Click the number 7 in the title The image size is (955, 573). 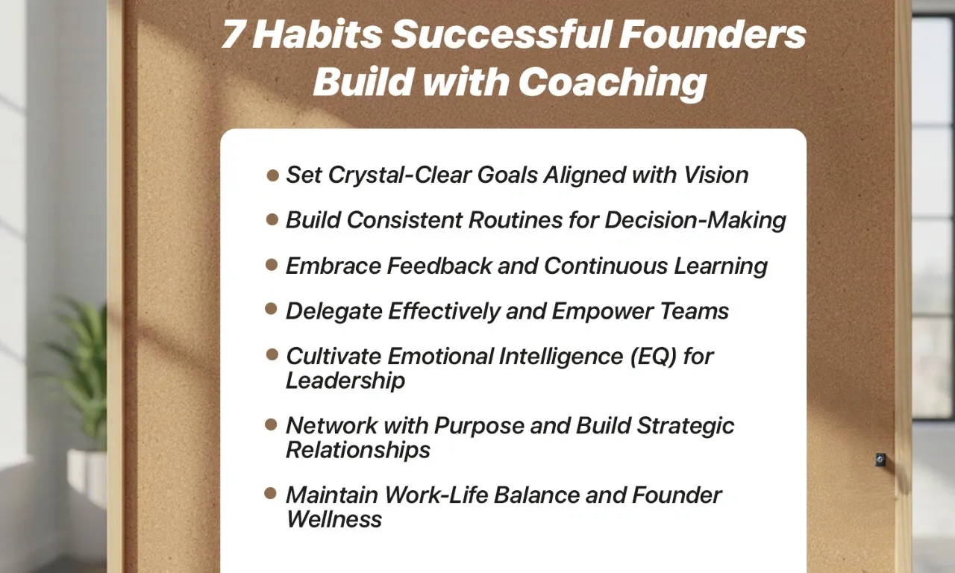(x=234, y=36)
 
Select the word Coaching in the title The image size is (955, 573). (x=612, y=81)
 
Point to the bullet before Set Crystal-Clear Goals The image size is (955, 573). (x=272, y=175)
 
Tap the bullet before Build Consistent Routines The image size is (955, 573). (x=272, y=219)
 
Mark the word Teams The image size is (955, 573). (x=699, y=311)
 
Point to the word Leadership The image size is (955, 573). (x=345, y=381)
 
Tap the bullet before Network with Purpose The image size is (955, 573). (x=272, y=425)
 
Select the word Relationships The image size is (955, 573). (x=358, y=450)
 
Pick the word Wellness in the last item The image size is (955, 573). (x=334, y=519)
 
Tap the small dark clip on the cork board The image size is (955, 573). (x=880, y=460)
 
